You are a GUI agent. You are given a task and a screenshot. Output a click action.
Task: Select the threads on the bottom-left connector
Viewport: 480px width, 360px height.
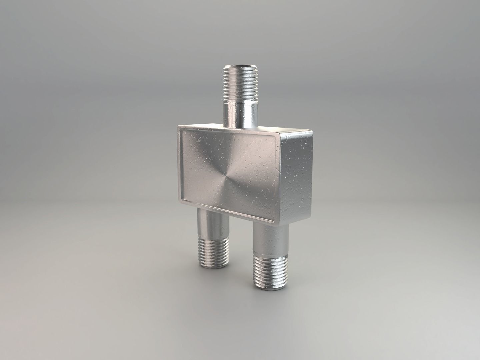(214, 252)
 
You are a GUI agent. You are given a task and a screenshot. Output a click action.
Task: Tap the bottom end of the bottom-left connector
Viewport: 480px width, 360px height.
(215, 266)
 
